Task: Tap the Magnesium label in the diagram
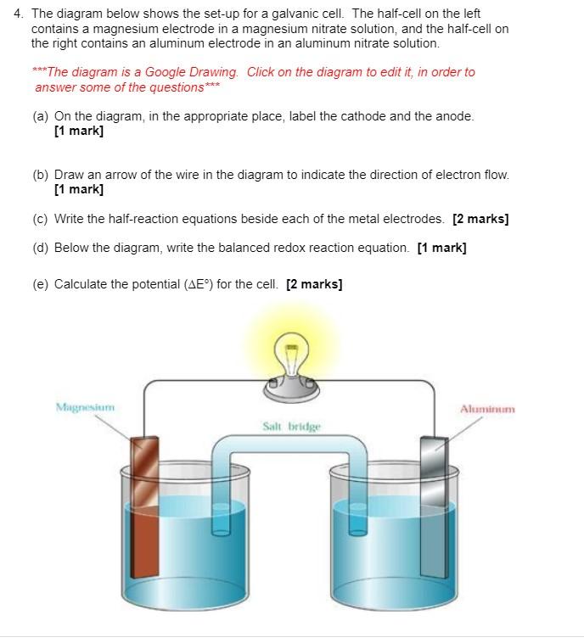(85, 407)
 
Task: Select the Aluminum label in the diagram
(487, 409)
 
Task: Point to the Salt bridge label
(292, 426)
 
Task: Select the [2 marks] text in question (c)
(480, 219)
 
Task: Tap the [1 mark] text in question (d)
(441, 248)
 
